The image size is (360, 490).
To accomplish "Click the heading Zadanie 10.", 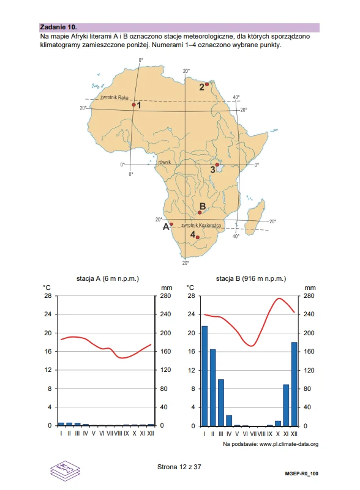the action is (x=59, y=27).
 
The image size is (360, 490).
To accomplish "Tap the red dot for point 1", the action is (x=134, y=105).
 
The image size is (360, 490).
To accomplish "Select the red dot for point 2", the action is (x=207, y=84).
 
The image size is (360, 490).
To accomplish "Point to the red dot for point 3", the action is (x=217, y=165).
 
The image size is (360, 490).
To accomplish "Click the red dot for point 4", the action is (x=197, y=237).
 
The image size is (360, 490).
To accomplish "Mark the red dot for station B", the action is (x=200, y=213).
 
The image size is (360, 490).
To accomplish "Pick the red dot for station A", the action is (x=171, y=224).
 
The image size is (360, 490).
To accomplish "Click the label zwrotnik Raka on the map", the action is (x=114, y=97).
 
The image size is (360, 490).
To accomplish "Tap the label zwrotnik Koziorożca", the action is (x=201, y=225).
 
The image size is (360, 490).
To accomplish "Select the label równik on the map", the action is (x=165, y=162).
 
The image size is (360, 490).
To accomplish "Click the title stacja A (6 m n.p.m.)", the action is (x=108, y=278).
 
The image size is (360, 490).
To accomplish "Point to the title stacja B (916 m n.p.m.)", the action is (x=251, y=278).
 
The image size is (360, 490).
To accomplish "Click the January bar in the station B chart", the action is (x=204, y=376).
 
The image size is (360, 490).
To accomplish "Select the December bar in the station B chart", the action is (x=294, y=384).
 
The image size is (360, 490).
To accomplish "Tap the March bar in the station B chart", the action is (x=221, y=403).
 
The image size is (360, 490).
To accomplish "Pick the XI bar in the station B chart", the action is (x=286, y=406).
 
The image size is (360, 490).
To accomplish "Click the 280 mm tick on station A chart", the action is (x=166, y=295).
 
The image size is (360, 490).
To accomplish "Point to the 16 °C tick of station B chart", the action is (x=191, y=351).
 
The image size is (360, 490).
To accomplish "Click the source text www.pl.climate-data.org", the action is (x=289, y=444).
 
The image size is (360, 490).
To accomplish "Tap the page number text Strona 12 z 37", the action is (x=179, y=467).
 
